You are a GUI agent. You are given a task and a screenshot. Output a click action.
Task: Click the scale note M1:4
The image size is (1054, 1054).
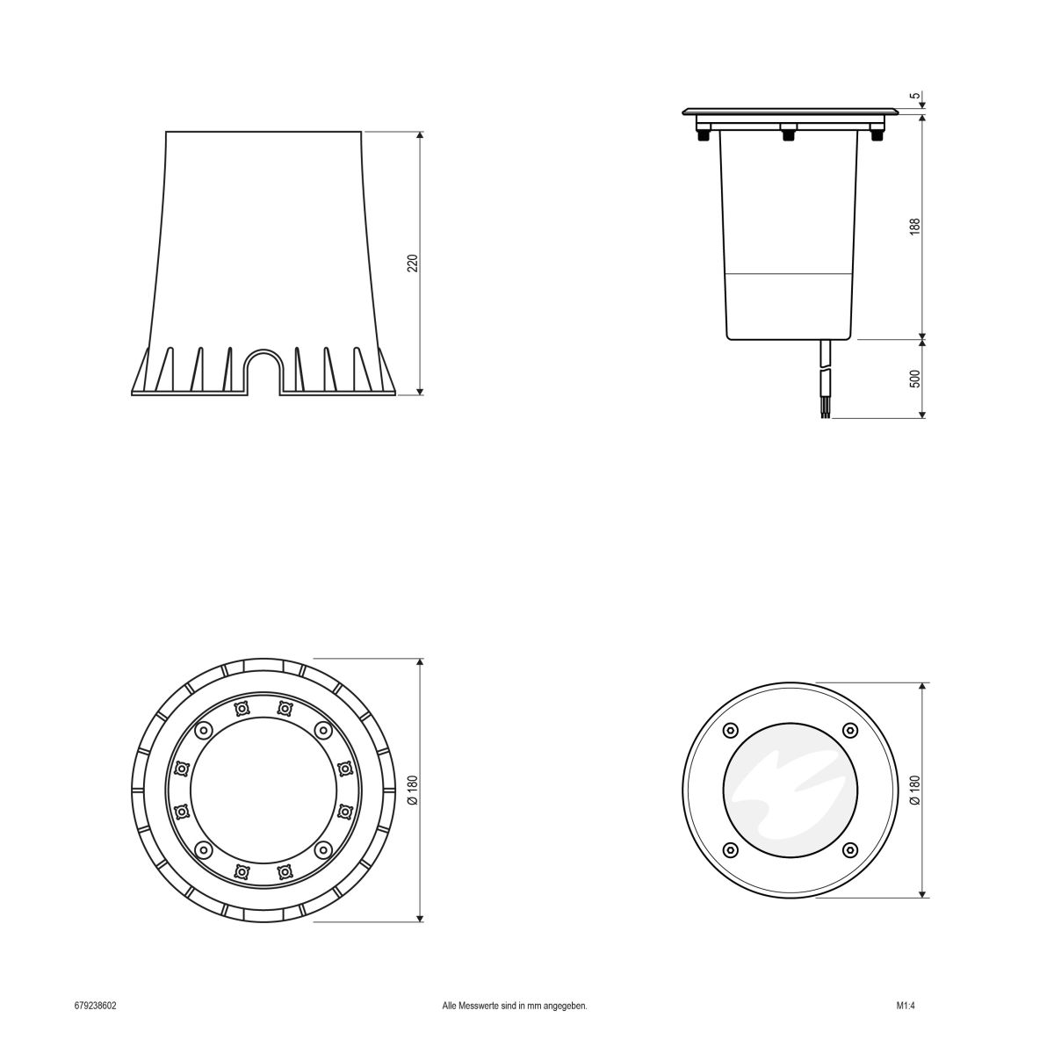click(x=906, y=1006)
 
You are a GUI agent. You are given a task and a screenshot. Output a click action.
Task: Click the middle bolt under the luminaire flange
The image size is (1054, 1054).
click(x=788, y=134)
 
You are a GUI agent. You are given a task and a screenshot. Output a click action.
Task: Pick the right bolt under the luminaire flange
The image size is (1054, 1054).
click(x=875, y=135)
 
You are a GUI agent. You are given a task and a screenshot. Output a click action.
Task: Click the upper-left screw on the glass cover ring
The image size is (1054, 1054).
click(x=728, y=731)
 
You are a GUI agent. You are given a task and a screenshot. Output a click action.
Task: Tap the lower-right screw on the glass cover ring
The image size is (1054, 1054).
click(x=849, y=850)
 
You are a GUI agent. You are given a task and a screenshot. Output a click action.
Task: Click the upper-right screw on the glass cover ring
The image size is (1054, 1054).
click(x=849, y=731)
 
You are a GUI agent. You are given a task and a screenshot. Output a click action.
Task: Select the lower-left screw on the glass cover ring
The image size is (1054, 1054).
click(x=728, y=850)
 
